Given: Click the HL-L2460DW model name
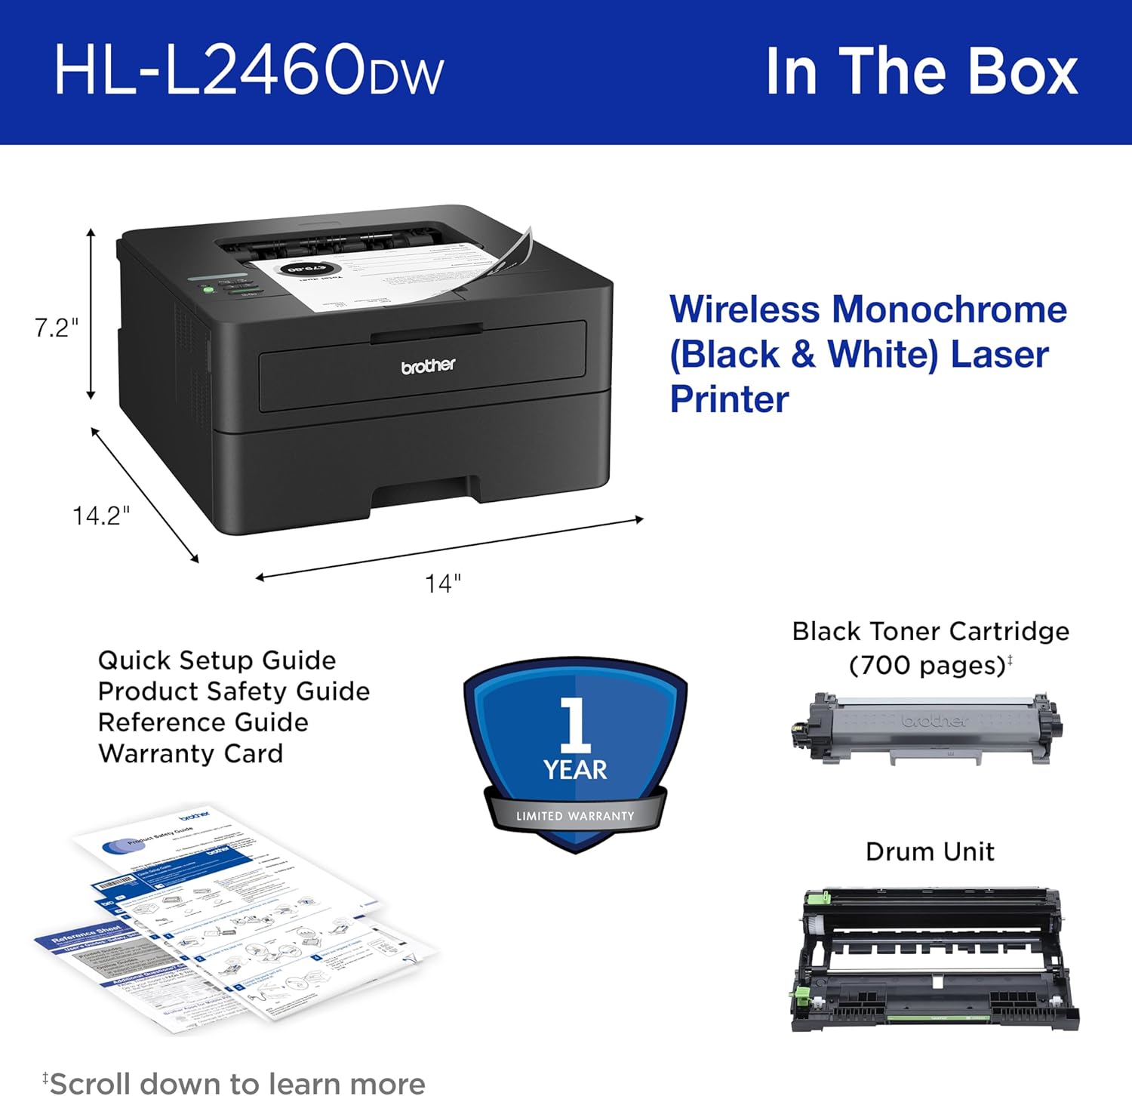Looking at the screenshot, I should coord(248,70).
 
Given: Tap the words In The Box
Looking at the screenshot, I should coord(921,72).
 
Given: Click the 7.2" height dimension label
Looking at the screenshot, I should coord(56,328).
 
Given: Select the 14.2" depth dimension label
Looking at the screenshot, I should coord(101,516).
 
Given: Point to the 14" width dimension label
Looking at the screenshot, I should coord(443,583).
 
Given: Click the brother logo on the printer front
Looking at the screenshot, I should coord(428,366).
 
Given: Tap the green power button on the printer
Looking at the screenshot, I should coord(208,289).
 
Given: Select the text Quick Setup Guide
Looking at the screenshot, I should coord(217,660).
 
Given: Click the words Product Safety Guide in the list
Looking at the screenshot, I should coord(234,691).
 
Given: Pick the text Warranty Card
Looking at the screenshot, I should coord(190,753).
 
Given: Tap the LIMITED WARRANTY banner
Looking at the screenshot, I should coord(575,816).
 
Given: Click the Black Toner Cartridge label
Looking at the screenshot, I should coord(931,631).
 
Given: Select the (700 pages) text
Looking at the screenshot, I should coord(927,665).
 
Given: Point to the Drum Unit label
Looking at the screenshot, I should coord(930,851).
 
